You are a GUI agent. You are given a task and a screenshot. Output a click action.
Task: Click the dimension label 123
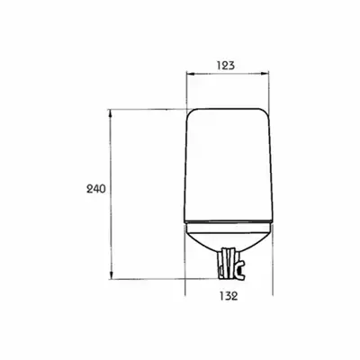pyautogui.click(x=226, y=65)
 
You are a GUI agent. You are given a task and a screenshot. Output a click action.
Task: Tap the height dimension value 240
pyautogui.click(x=96, y=189)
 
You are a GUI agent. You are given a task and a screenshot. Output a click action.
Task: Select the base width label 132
pyautogui.click(x=229, y=296)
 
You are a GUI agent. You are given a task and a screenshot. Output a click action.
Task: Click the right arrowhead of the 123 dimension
pyautogui.click(x=265, y=73)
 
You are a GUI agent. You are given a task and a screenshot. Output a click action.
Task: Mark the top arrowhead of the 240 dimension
pyautogui.click(x=111, y=113)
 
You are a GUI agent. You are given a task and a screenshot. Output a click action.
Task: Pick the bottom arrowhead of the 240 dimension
pyautogui.click(x=111, y=275)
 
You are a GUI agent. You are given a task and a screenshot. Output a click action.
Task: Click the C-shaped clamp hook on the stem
pyautogui.click(x=240, y=268)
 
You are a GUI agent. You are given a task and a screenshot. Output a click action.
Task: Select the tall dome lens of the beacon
pyautogui.click(x=228, y=165)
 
